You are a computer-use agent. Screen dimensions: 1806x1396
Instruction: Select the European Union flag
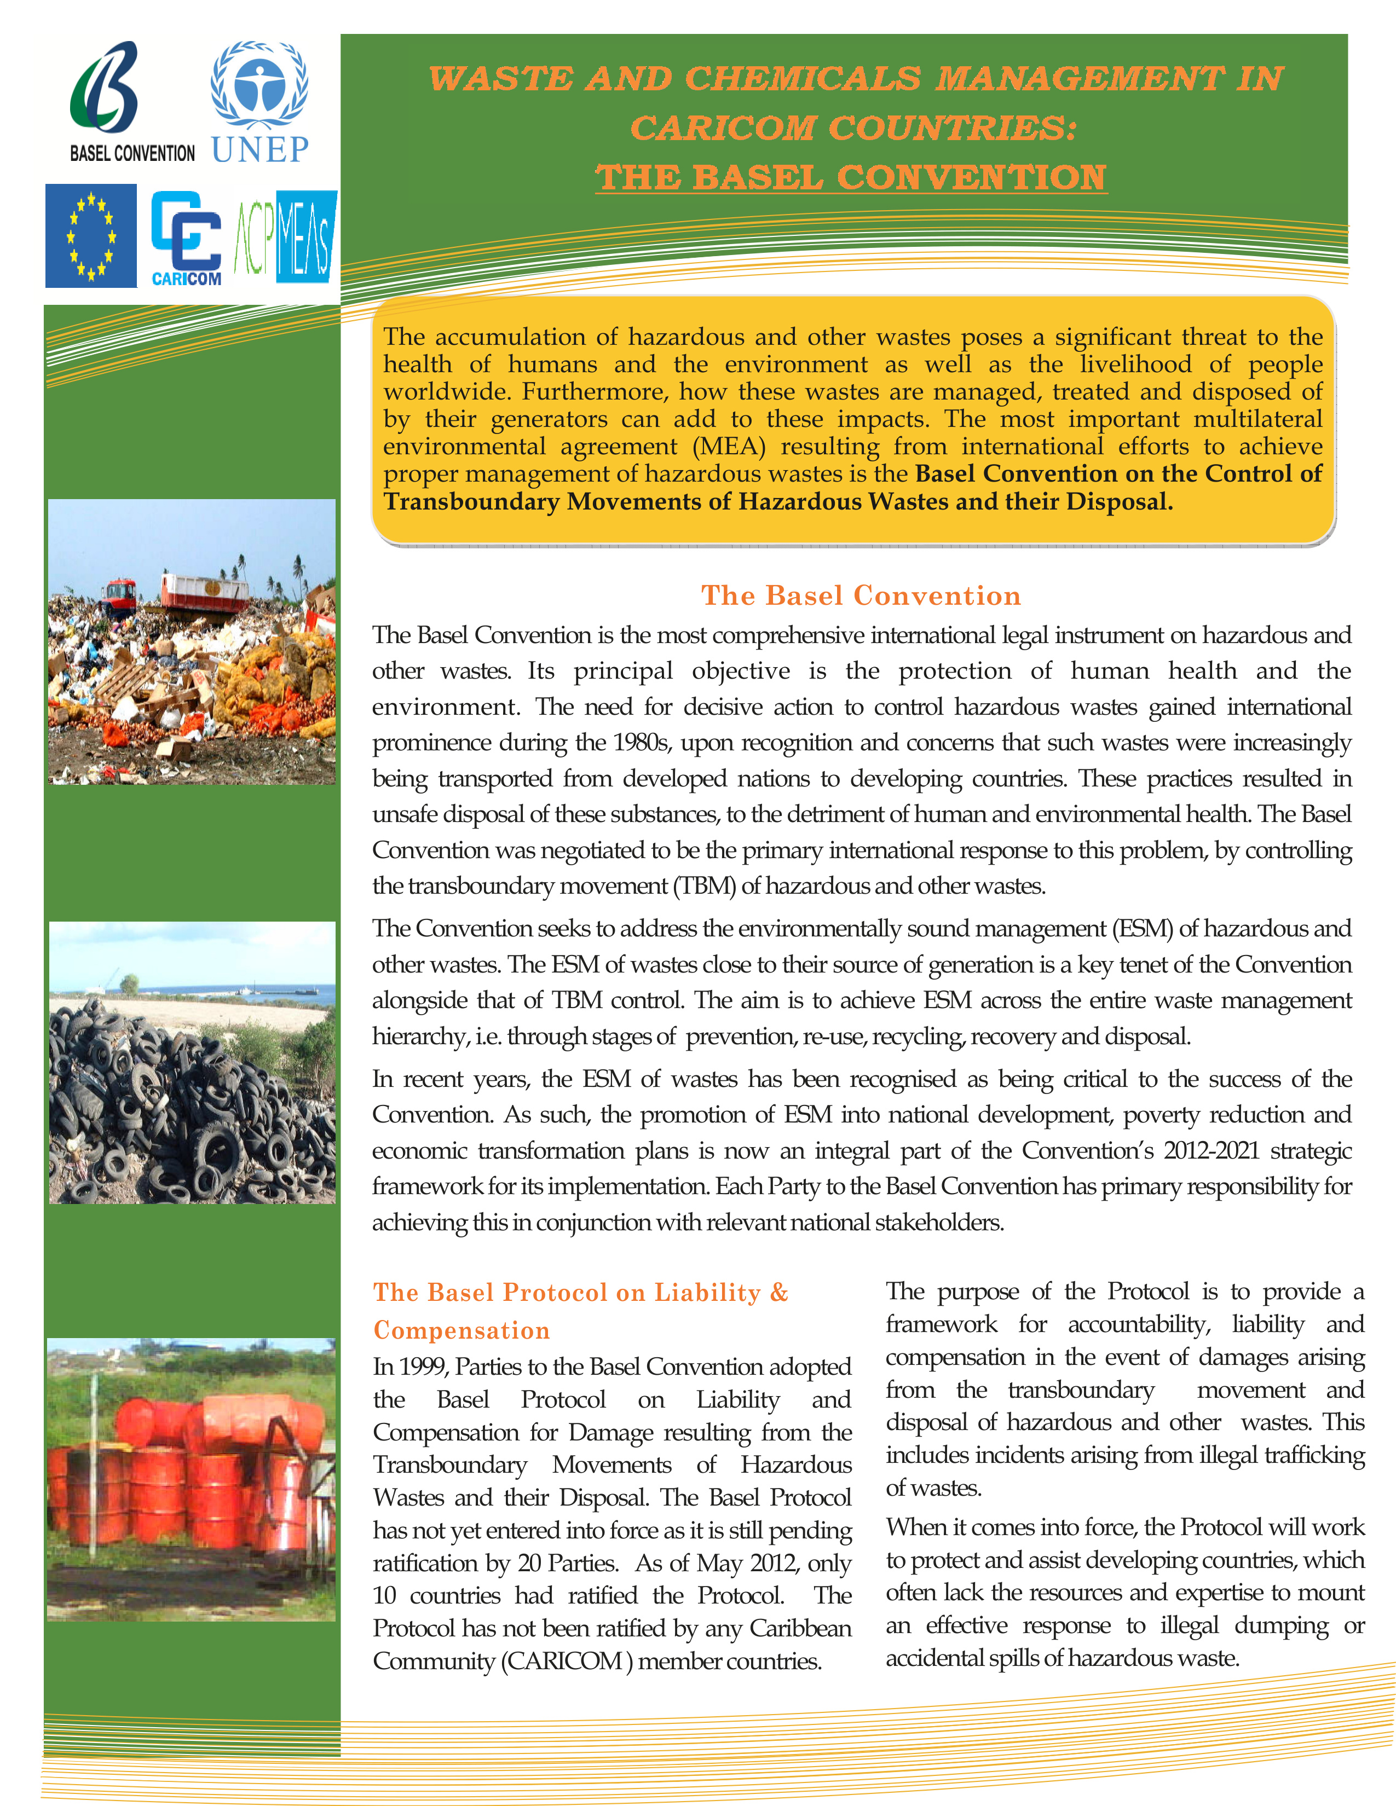tap(91, 236)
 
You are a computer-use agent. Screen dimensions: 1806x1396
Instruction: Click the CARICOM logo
tap(186, 238)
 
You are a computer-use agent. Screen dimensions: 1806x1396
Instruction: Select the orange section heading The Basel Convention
tap(861, 595)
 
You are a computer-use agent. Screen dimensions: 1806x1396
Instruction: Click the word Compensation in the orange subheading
tap(462, 1330)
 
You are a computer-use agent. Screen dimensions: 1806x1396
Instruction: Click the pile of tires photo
tap(192, 1063)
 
